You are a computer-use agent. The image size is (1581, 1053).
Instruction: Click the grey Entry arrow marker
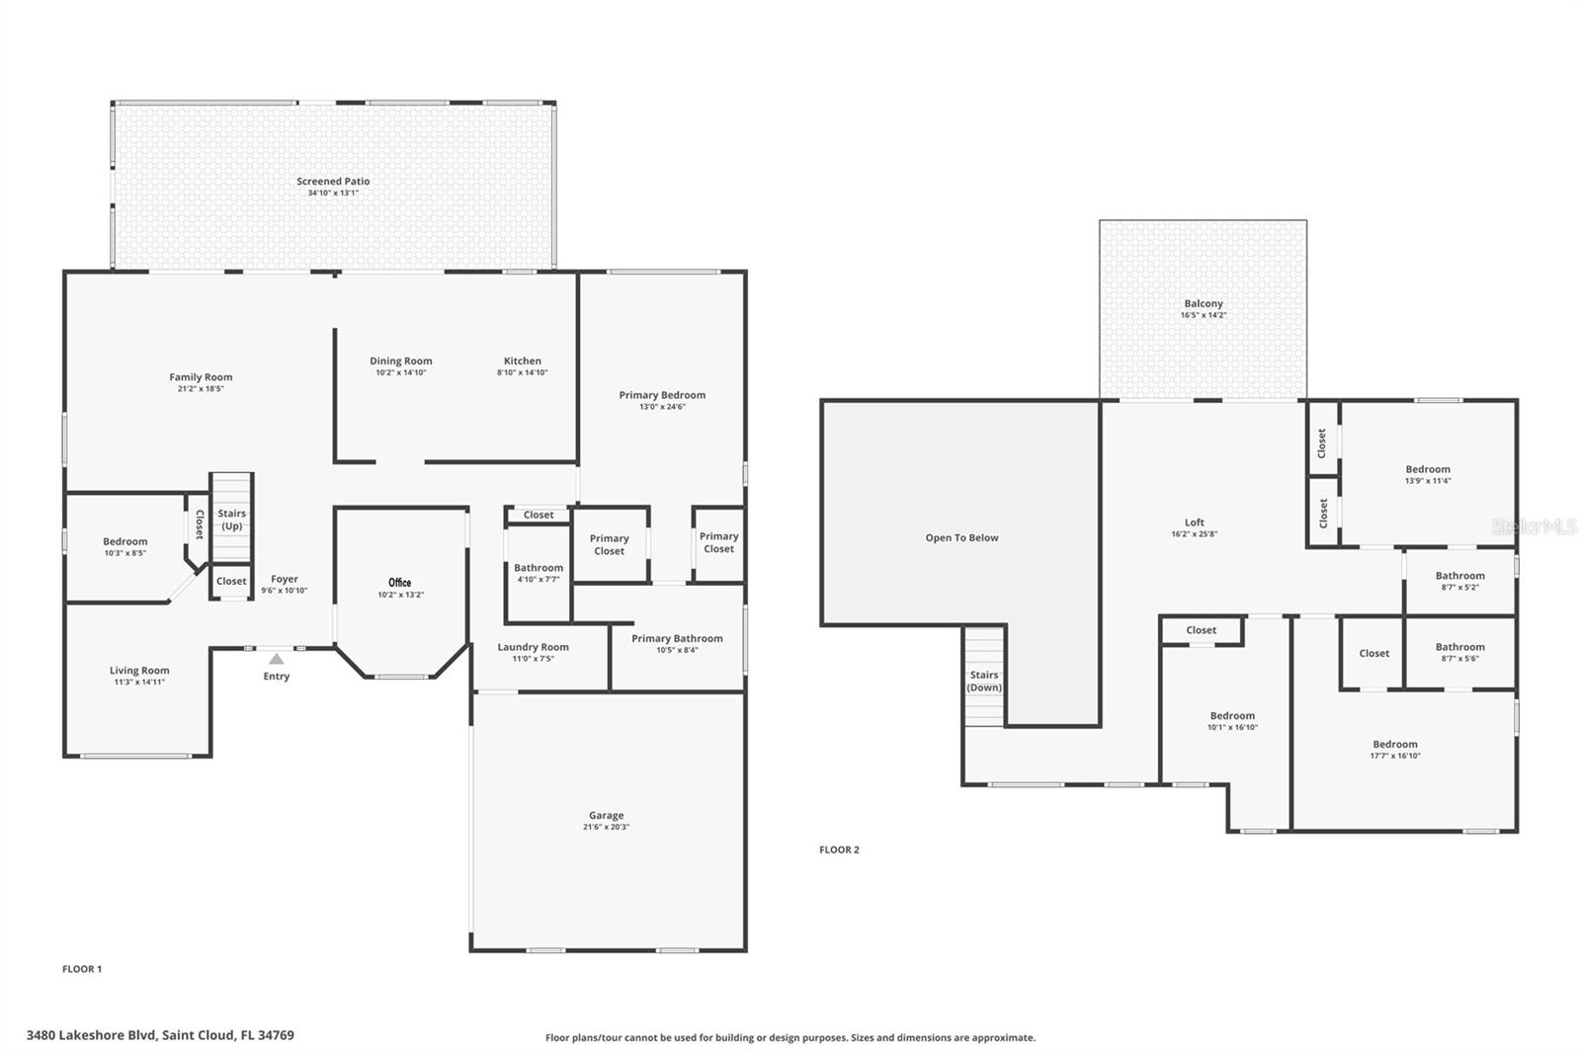pyautogui.click(x=277, y=659)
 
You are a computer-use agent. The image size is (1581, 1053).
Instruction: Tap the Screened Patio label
pyautogui.click(x=333, y=182)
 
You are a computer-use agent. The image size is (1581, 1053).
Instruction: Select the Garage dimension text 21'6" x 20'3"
pyautogui.click(x=607, y=827)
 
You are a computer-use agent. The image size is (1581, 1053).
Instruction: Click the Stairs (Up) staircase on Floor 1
pyautogui.click(x=231, y=518)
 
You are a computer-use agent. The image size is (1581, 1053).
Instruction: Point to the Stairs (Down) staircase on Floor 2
pyautogui.click(x=984, y=676)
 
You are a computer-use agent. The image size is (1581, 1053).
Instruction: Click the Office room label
pyautogui.click(x=399, y=582)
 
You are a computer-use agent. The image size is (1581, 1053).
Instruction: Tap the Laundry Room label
pyautogui.click(x=533, y=647)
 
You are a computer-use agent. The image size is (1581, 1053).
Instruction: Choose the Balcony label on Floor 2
pyautogui.click(x=1204, y=303)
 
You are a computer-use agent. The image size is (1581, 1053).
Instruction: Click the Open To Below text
pyautogui.click(x=962, y=537)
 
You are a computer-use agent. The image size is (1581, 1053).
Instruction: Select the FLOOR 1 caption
pyautogui.click(x=82, y=969)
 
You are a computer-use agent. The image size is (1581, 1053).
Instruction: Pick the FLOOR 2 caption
pyautogui.click(x=839, y=850)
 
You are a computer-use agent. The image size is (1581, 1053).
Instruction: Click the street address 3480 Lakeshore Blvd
pyautogui.click(x=91, y=1035)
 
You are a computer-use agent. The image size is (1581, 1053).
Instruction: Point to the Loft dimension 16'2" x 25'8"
pyautogui.click(x=1195, y=534)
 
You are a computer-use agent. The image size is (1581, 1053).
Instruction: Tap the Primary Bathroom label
pyautogui.click(x=677, y=639)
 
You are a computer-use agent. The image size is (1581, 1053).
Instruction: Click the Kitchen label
pyautogui.click(x=523, y=361)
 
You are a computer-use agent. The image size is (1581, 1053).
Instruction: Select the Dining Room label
pyautogui.click(x=401, y=361)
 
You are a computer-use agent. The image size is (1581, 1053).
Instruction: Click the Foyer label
pyautogui.click(x=285, y=580)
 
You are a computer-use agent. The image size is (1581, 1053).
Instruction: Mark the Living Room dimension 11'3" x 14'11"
pyautogui.click(x=139, y=683)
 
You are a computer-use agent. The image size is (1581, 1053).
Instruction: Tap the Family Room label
pyautogui.click(x=201, y=377)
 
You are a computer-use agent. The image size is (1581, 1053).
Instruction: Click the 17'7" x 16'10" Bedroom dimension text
pyautogui.click(x=1395, y=756)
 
